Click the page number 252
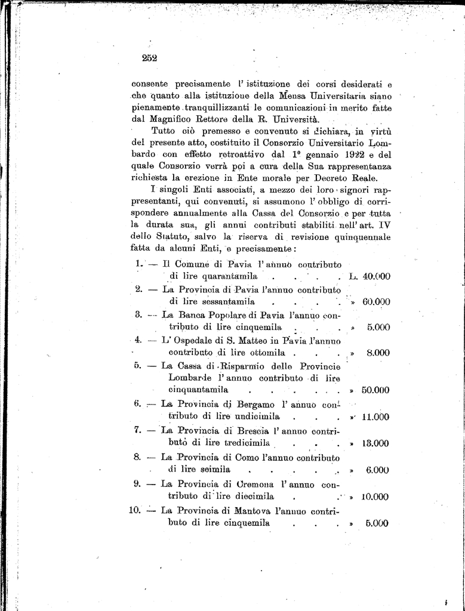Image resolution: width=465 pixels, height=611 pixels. click(149, 58)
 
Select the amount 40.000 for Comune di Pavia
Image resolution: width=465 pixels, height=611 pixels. click(376, 276)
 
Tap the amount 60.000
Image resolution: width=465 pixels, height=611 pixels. click(376, 302)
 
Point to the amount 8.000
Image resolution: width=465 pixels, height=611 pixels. click(378, 353)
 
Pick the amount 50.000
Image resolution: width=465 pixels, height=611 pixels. click(375, 390)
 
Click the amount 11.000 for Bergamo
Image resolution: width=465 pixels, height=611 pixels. click(376, 416)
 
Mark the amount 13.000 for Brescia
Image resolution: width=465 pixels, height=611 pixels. click(376, 443)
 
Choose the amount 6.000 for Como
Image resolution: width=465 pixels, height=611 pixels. click(378, 470)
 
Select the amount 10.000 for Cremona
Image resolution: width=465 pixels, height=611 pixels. click(375, 496)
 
